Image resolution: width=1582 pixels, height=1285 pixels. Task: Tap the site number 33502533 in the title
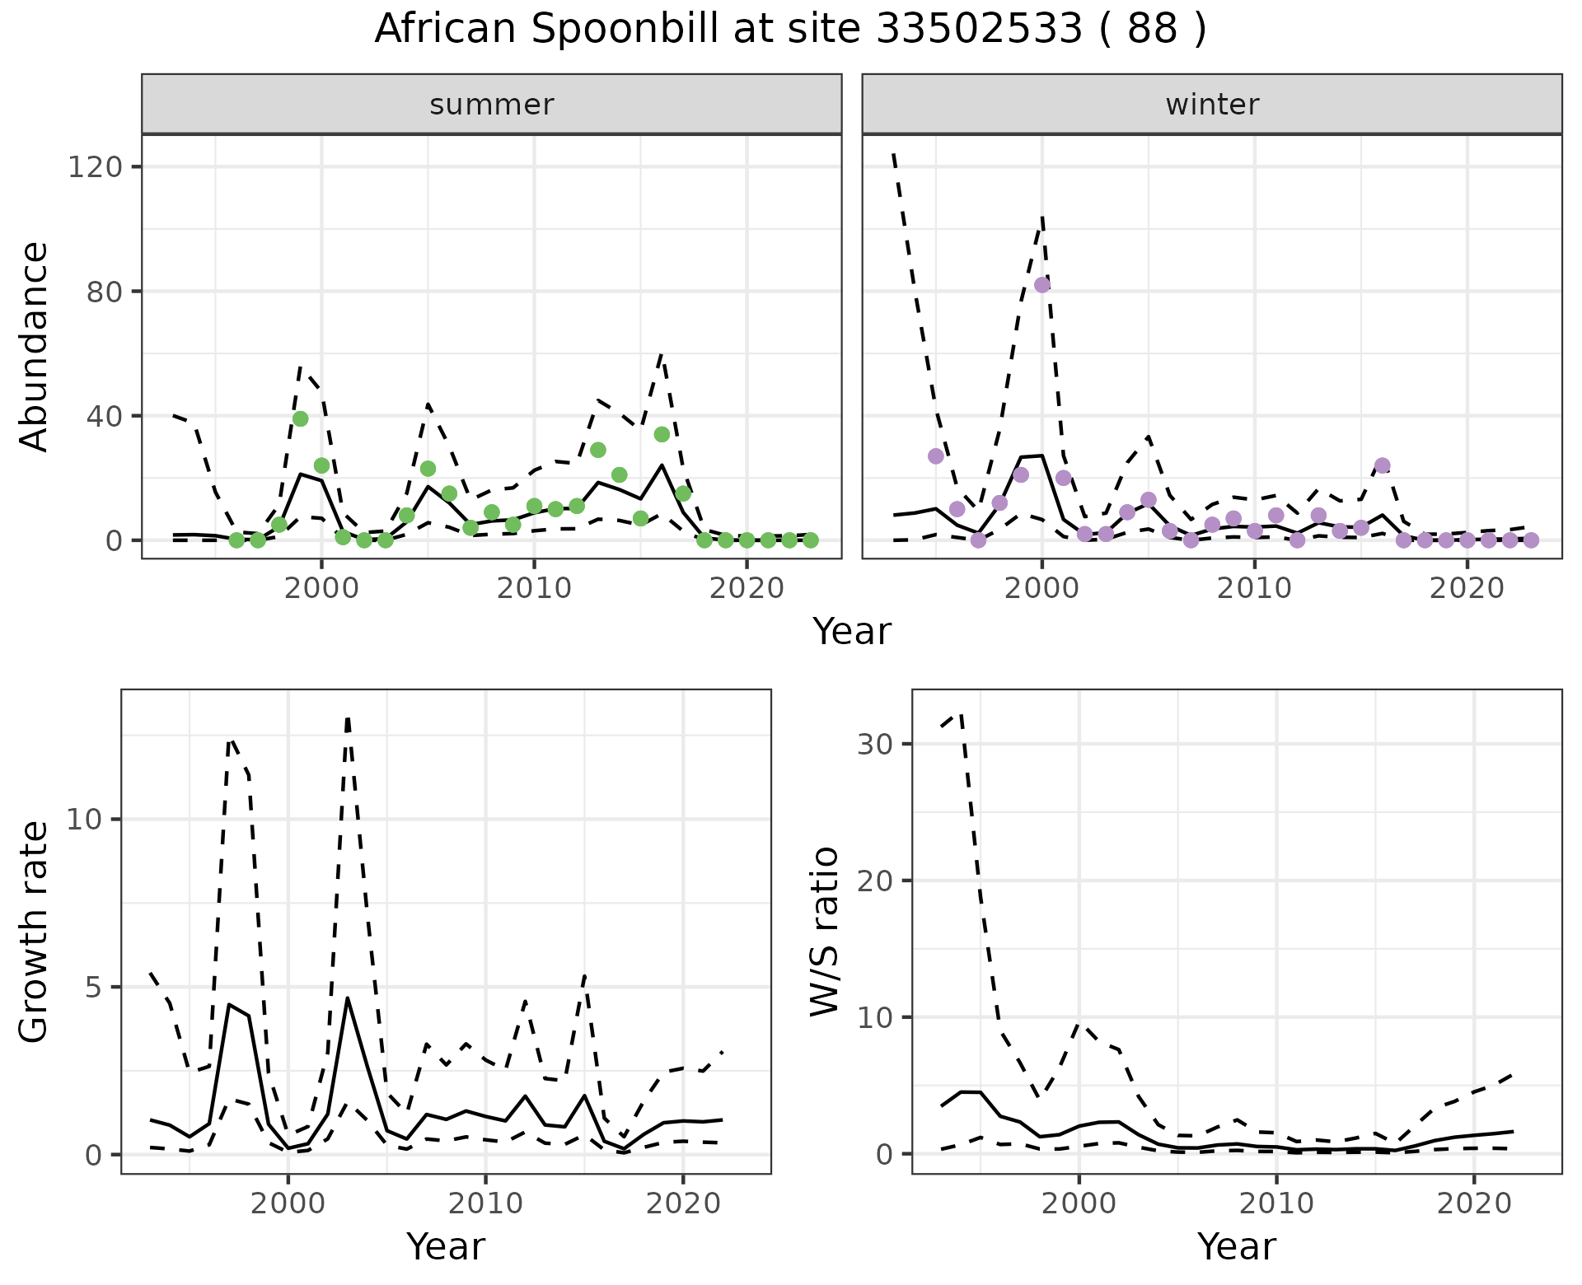click(978, 30)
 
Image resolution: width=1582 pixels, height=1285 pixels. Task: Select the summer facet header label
click(492, 105)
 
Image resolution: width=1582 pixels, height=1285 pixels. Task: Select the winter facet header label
click(1212, 105)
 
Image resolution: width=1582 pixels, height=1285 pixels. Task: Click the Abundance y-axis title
click(35, 347)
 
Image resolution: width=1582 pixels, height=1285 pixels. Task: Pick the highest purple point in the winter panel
click(1042, 285)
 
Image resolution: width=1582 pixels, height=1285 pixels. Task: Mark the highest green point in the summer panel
click(300, 418)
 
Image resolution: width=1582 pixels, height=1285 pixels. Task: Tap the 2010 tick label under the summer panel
click(534, 589)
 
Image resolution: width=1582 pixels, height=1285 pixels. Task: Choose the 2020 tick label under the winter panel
click(1467, 589)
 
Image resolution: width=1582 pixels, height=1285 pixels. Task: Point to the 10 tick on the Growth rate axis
click(87, 820)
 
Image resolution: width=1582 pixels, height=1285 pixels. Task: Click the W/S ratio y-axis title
click(825, 932)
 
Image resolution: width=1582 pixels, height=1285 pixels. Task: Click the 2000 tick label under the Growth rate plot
click(288, 1203)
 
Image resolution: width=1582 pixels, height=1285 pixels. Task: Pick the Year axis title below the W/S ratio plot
click(1236, 1246)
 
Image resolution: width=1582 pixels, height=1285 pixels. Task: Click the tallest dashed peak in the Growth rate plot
click(348, 718)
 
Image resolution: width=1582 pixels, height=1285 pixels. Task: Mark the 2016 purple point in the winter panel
click(1383, 465)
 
